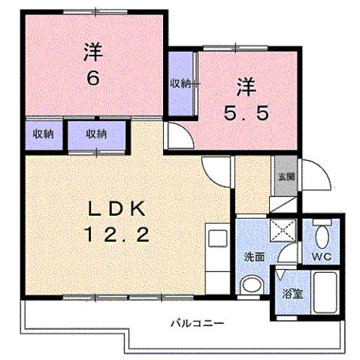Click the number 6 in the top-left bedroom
pos(92,77)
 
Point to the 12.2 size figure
pos(120,234)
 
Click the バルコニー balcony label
pos(195,323)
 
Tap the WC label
pos(322,257)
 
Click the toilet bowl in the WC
pos(322,237)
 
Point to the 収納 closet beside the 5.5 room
pos(180,83)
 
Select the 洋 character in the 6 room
pos(92,52)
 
